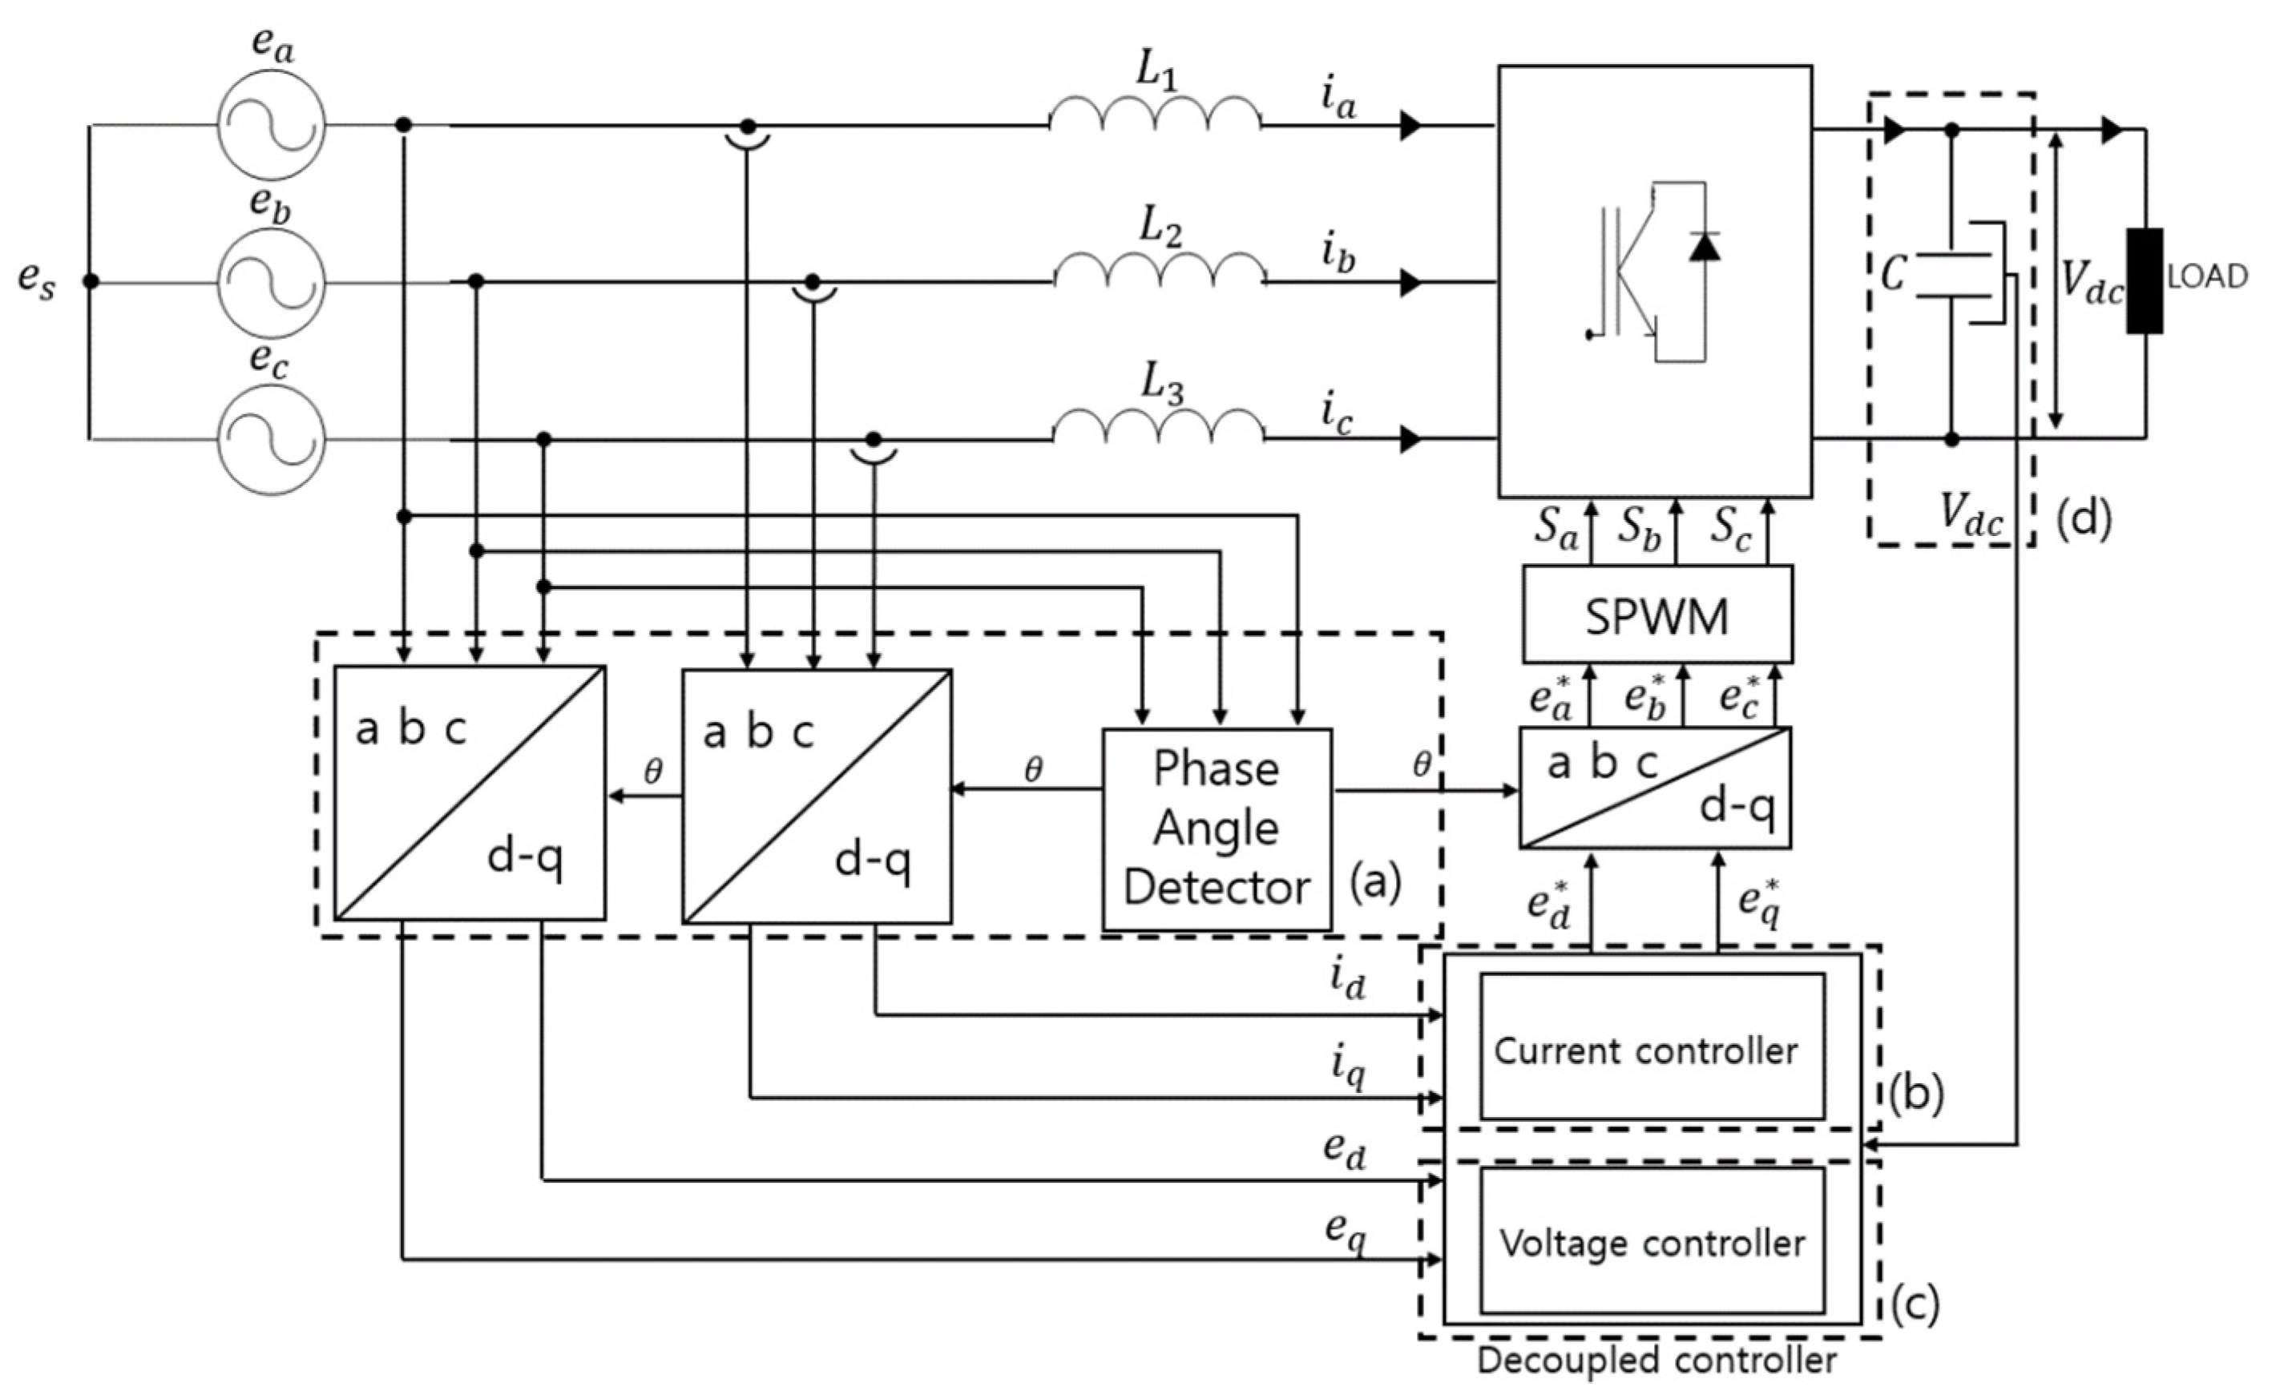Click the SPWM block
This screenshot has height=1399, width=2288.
click(1656, 615)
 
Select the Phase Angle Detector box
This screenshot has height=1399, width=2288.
click(1217, 829)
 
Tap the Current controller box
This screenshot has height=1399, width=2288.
click(1651, 1048)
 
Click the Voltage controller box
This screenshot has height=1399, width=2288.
click(1651, 1241)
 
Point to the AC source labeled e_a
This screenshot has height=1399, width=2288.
click(271, 125)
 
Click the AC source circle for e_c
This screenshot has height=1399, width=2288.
click(271, 439)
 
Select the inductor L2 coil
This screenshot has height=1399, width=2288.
click(1159, 270)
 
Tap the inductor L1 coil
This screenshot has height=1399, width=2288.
click(1155, 113)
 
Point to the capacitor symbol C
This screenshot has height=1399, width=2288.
click(1952, 275)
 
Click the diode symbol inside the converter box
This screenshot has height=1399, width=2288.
click(1704, 247)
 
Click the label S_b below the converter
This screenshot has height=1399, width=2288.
click(1640, 530)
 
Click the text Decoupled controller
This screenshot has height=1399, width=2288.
click(1656, 1361)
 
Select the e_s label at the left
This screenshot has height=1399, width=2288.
click(37, 280)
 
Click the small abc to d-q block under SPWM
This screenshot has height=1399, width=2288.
click(1655, 787)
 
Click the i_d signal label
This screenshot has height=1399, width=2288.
click(1348, 980)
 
